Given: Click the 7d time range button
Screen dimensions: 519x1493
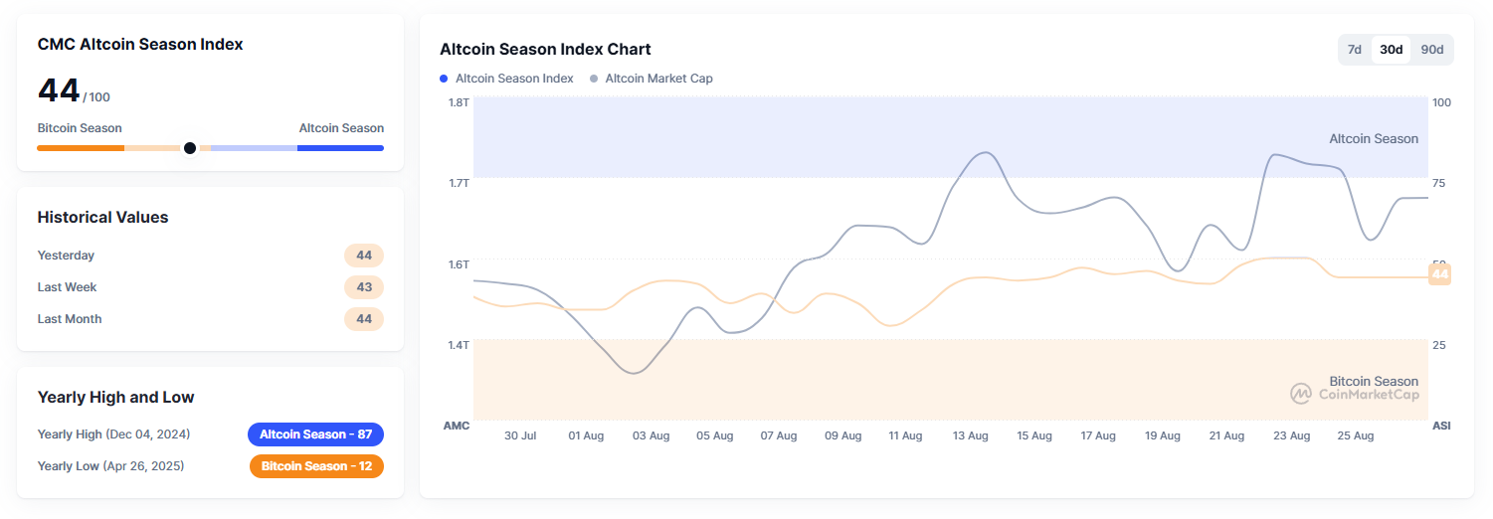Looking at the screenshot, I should click(x=1354, y=50).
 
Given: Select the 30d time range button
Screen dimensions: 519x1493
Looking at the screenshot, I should click(x=1391, y=50).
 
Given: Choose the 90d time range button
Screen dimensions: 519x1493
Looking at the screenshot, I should click(x=1431, y=50).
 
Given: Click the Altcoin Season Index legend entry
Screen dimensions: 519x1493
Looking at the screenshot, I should click(x=506, y=79).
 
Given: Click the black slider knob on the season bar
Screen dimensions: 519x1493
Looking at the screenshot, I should click(x=190, y=148).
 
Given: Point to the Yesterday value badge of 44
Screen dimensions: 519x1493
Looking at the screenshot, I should click(x=364, y=256).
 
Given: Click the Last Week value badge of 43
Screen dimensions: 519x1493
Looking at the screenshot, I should click(x=364, y=287).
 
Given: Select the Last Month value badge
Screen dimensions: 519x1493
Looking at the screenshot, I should click(x=364, y=319).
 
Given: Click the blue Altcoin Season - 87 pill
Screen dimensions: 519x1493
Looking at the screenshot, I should click(x=315, y=434).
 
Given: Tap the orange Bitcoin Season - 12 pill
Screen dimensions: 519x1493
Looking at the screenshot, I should click(x=316, y=466).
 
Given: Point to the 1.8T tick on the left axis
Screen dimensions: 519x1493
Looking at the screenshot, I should click(x=458, y=102).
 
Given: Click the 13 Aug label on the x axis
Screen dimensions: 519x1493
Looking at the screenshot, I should click(x=970, y=436).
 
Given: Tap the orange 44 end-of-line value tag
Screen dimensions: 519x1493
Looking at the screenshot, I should click(x=1439, y=274).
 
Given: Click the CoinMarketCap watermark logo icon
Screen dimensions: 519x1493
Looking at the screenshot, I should click(x=1301, y=394).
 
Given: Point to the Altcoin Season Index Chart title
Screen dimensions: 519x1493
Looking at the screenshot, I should click(x=545, y=50).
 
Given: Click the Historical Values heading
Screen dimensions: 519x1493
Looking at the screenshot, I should click(x=102, y=218).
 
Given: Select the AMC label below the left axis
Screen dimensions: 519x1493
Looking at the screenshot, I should click(x=456, y=426).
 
